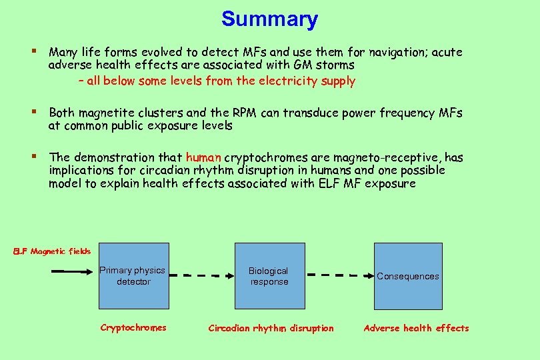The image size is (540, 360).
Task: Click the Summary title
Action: [269, 19]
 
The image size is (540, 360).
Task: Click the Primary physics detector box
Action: [133, 276]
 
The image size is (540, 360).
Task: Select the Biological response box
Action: [269, 276]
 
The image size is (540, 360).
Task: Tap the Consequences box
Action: [407, 276]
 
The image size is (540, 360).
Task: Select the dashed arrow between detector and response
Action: [201, 274]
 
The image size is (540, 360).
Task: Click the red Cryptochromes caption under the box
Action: [133, 327]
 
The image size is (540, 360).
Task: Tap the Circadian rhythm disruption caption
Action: [271, 328]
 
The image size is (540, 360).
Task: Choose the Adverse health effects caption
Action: [416, 328]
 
